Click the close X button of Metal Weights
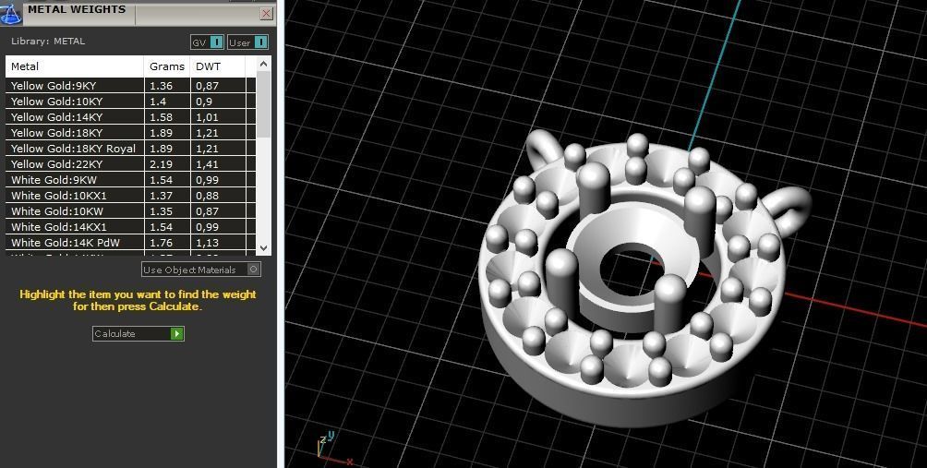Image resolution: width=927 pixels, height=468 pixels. (266, 14)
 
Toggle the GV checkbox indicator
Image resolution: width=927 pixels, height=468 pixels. (216, 42)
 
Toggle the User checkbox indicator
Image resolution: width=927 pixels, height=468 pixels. (260, 42)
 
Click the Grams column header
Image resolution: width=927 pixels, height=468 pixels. (167, 66)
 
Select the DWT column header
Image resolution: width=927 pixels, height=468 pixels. (208, 66)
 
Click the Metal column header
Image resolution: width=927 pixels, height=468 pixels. (25, 66)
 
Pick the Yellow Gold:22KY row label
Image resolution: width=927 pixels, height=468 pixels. (57, 164)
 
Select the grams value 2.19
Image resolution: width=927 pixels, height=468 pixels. (162, 164)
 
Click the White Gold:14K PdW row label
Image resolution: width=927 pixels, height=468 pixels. (66, 243)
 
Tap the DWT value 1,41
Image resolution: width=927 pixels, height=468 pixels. (207, 164)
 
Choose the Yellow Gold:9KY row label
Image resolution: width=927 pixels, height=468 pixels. (54, 86)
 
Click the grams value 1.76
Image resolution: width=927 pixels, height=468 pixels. (162, 243)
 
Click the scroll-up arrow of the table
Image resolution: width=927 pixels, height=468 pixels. (264, 65)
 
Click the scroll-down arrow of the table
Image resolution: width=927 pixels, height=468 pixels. (264, 247)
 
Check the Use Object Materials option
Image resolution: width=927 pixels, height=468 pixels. (254, 270)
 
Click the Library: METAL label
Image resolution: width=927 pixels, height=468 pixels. (48, 42)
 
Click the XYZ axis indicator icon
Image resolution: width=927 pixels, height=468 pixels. (324, 447)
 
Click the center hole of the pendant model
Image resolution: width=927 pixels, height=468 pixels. (629, 269)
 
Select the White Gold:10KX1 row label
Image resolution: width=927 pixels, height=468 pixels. (59, 196)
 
